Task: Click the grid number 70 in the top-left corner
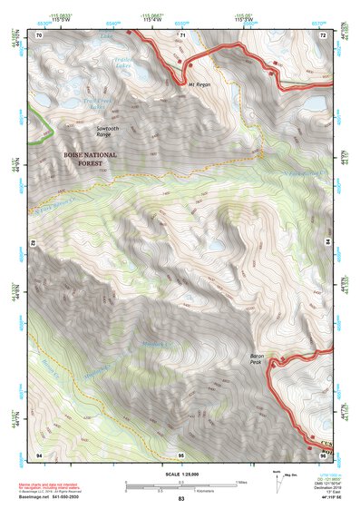point(39,34)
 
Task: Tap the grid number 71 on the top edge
point(181,34)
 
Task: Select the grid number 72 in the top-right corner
point(322,34)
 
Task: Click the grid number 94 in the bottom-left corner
point(39,453)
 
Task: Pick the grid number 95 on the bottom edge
point(181,453)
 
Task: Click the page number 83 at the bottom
point(181,499)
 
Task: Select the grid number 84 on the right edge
point(326,243)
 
